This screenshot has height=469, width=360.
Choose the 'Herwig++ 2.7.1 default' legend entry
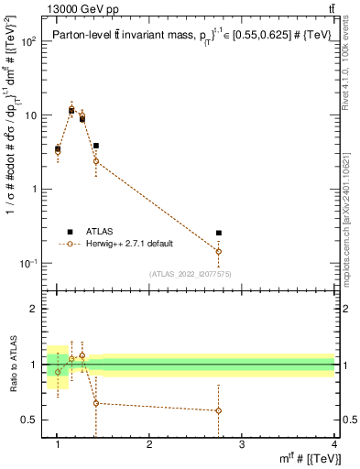tap(133, 244)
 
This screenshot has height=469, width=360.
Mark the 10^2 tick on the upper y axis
tap(27, 42)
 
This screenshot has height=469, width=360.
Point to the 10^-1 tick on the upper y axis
tap(27, 264)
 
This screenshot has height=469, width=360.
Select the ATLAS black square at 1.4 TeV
tap(95, 146)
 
